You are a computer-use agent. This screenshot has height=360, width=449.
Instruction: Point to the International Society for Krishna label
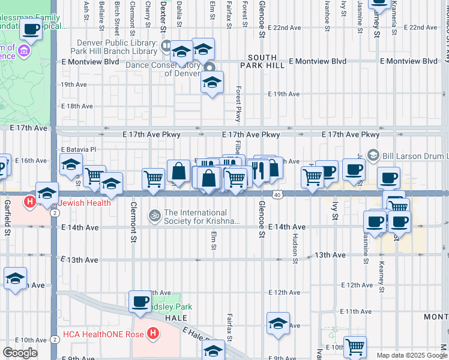pyautogui.click(x=202, y=217)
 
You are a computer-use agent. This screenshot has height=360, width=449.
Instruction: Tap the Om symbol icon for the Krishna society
pyautogui.click(x=155, y=214)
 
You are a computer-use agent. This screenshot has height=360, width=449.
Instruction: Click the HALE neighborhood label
pyautogui.click(x=176, y=317)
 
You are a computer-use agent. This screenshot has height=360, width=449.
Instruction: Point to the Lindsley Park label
pyautogui.click(x=174, y=307)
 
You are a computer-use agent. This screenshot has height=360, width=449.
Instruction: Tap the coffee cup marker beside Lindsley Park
pyautogui.click(x=140, y=302)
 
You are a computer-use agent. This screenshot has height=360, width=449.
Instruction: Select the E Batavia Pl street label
pyautogui.click(x=78, y=149)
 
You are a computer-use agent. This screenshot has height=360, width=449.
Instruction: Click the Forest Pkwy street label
pyautogui.click(x=238, y=96)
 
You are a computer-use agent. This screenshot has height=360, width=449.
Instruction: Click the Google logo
pyautogui.click(x=20, y=353)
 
